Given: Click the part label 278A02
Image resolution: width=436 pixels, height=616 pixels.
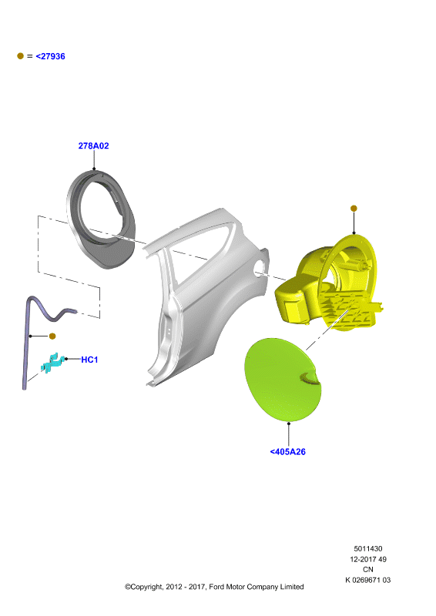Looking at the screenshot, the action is (x=93, y=146).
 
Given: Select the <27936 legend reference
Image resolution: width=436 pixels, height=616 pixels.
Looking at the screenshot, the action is (x=50, y=56).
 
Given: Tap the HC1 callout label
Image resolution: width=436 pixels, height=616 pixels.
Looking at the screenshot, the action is (x=89, y=360).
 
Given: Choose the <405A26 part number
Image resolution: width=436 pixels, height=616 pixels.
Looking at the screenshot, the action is (x=288, y=452).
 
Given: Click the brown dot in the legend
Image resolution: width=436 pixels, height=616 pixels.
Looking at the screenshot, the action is (x=21, y=56).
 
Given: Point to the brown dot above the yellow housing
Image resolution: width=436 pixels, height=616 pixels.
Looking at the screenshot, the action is (x=354, y=208).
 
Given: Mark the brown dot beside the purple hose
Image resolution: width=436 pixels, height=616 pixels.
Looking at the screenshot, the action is (x=52, y=336).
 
